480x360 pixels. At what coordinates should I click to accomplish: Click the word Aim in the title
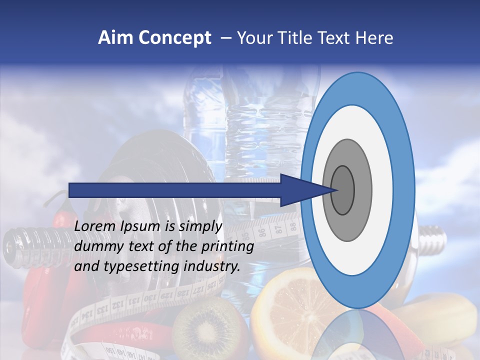pyautogui.click(x=116, y=38)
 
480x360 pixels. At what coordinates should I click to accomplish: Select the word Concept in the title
pyautogui.click(x=175, y=38)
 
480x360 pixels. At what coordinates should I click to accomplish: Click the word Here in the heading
pyautogui.click(x=375, y=38)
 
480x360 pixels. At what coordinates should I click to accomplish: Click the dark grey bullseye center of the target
pyautogui.click(x=342, y=190)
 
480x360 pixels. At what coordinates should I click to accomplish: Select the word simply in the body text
pyautogui.click(x=199, y=226)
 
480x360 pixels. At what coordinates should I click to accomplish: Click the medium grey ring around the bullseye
pyautogui.click(x=362, y=190)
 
